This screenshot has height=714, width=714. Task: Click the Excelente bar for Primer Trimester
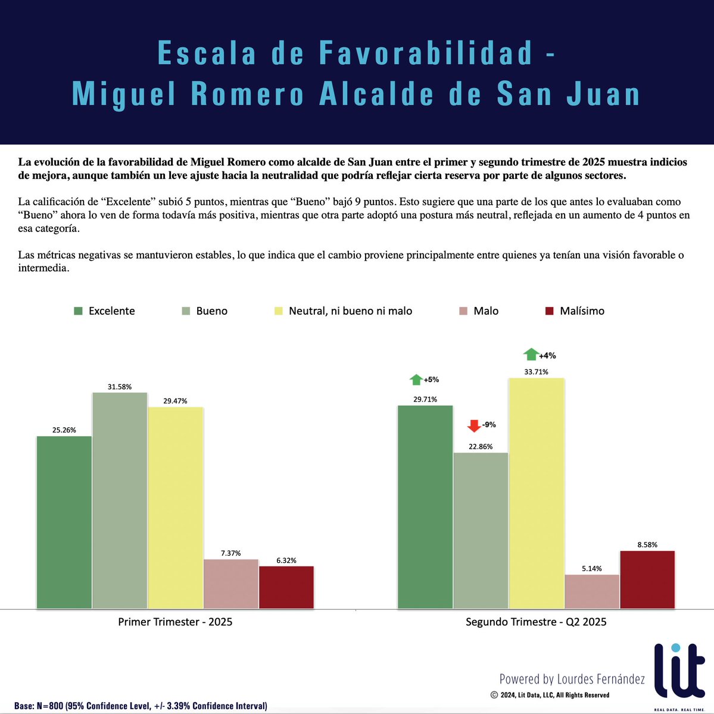pyautogui.click(x=64, y=522)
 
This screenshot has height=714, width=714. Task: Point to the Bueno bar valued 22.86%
pyautogui.click(x=481, y=530)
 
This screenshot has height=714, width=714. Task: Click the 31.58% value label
pyautogui.click(x=120, y=387)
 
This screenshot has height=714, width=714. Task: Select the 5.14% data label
pyautogui.click(x=592, y=569)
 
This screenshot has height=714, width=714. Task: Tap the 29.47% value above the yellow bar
pyautogui.click(x=175, y=401)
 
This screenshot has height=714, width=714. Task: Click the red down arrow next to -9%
pyautogui.click(x=474, y=425)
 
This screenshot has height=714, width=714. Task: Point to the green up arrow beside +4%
pyautogui.click(x=531, y=355)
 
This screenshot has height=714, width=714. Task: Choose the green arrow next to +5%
pyautogui.click(x=416, y=379)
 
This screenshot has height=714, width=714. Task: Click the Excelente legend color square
pyautogui.click(x=78, y=311)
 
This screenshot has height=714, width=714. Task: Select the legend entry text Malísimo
pyautogui.click(x=582, y=311)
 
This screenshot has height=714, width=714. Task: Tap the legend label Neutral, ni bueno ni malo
pyautogui.click(x=350, y=311)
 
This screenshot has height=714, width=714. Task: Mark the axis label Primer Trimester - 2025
pyautogui.click(x=175, y=622)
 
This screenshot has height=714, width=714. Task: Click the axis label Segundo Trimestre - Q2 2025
pyautogui.click(x=536, y=622)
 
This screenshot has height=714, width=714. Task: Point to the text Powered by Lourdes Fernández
pyautogui.click(x=572, y=679)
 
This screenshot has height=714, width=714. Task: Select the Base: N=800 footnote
pyautogui.click(x=141, y=706)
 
